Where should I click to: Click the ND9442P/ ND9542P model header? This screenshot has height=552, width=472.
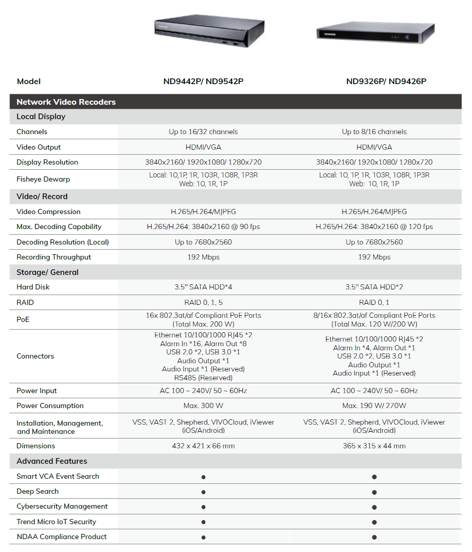pyautogui.click(x=203, y=81)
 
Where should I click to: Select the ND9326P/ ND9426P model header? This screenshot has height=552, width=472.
pyautogui.click(x=386, y=81)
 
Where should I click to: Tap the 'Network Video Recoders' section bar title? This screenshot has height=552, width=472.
pyautogui.click(x=66, y=102)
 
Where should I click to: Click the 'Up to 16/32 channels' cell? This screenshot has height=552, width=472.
pyautogui.click(x=203, y=132)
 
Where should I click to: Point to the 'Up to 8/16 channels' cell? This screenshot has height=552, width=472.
pyautogui.click(x=374, y=132)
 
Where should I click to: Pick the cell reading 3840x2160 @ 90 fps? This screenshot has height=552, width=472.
pyautogui.click(x=203, y=226)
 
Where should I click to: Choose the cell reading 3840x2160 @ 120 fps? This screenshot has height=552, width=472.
pyautogui.click(x=374, y=226)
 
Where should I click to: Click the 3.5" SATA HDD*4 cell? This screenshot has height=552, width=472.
pyautogui.click(x=203, y=287)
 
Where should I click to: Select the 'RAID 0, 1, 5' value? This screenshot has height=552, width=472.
pyautogui.click(x=203, y=302)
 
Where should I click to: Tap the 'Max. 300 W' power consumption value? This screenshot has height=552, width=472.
pyautogui.click(x=203, y=405)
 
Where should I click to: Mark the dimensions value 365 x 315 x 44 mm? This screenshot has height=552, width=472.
pyautogui.click(x=374, y=446)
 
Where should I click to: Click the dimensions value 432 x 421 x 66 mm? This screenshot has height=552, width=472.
pyautogui.click(x=203, y=446)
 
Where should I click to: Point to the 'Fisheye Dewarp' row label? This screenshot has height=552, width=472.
pyautogui.click(x=43, y=179)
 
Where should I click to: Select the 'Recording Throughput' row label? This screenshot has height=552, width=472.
pyautogui.click(x=54, y=257)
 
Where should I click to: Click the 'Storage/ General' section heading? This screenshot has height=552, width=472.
pyautogui.click(x=47, y=272)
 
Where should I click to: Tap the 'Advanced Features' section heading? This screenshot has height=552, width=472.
pyautogui.click(x=52, y=461)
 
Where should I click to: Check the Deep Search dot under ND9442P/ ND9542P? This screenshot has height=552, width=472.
pyautogui.click(x=203, y=492)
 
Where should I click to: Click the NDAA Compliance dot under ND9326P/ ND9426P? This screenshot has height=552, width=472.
pyautogui.click(x=374, y=537)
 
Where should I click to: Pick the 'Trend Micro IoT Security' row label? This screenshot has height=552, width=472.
pyautogui.click(x=56, y=522)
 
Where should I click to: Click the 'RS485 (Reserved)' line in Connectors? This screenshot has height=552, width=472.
pyautogui.click(x=203, y=377)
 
